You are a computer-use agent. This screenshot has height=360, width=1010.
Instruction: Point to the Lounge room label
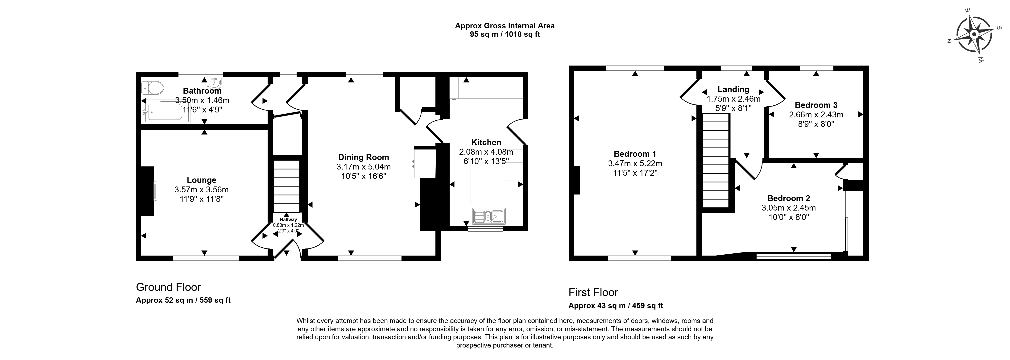tap(202, 180)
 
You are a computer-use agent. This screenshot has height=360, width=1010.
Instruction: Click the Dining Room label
tap(364, 157)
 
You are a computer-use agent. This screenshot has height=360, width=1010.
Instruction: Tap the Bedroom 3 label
tap(816, 105)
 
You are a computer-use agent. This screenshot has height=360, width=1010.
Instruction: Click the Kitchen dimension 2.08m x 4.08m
tap(486, 152)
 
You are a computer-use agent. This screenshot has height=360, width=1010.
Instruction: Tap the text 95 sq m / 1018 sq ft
tap(505, 34)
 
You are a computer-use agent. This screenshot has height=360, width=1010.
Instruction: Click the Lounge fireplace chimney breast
tap(147, 191)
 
